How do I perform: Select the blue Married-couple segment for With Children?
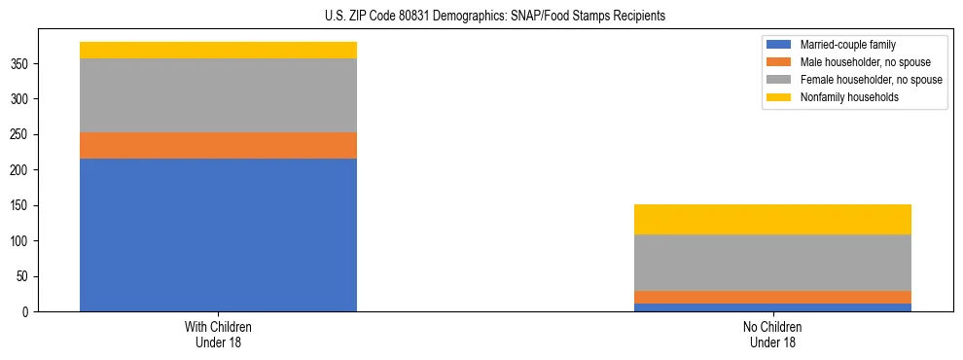pyautogui.click(x=218, y=234)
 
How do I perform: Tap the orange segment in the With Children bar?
pyautogui.click(x=218, y=145)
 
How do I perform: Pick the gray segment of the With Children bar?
pyautogui.click(x=218, y=95)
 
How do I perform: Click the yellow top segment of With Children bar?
pyautogui.click(x=218, y=50)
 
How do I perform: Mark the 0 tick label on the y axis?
pyautogui.click(x=29, y=312)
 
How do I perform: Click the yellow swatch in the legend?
pyautogui.click(x=779, y=97)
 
